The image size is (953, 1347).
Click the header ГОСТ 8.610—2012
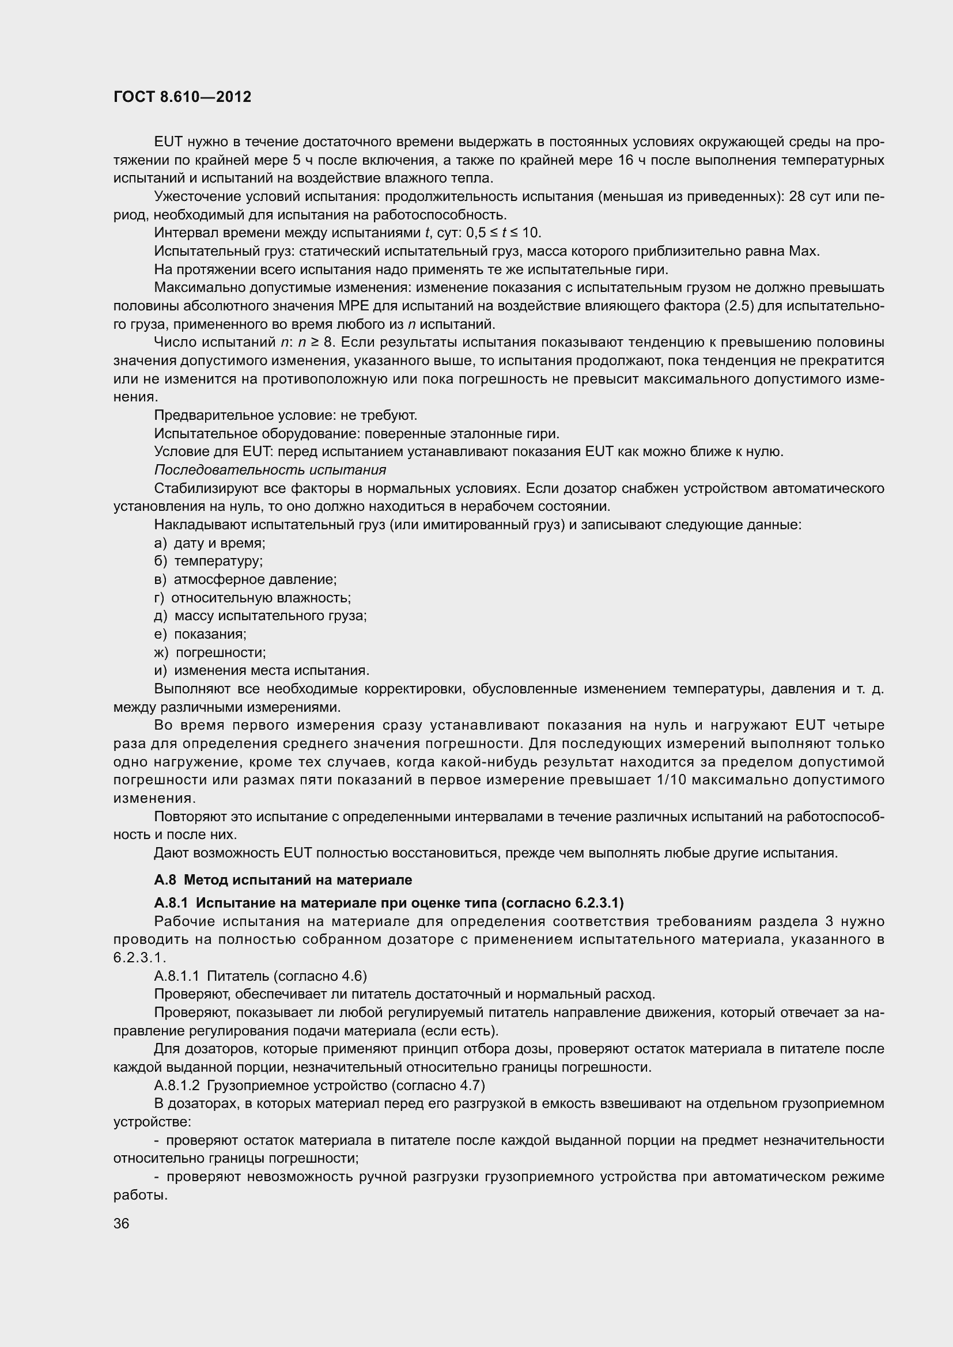tap(182, 97)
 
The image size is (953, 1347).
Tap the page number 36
tap(122, 1223)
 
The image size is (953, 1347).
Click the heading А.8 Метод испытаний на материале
tap(283, 879)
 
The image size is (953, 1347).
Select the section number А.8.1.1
tap(177, 976)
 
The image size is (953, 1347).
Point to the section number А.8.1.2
tap(177, 1085)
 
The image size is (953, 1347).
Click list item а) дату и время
tap(210, 542)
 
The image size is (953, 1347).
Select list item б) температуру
tap(209, 561)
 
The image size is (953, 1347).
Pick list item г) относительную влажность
tap(252, 597)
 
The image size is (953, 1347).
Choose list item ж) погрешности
tap(210, 652)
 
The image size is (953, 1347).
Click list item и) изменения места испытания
tap(262, 670)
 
